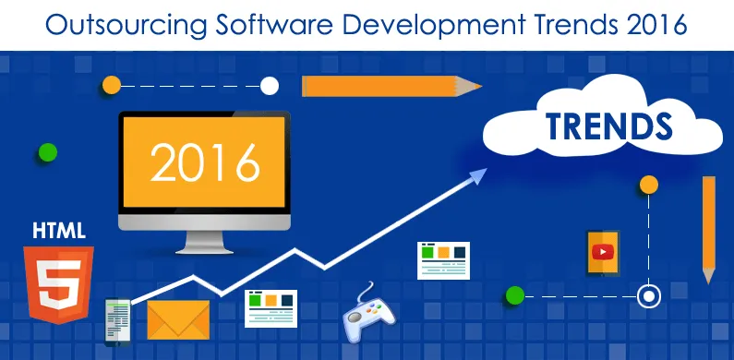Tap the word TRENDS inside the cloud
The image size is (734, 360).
pos(608,126)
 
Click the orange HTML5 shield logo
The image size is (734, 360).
pos(59,282)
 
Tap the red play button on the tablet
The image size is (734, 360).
pos(603,251)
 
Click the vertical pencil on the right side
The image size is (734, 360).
pos(708,226)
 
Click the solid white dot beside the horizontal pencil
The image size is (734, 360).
pos(270,86)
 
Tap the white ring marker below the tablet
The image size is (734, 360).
pos(649,296)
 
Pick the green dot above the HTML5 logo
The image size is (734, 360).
pos(47,152)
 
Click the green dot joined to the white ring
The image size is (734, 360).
pos(515,296)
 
